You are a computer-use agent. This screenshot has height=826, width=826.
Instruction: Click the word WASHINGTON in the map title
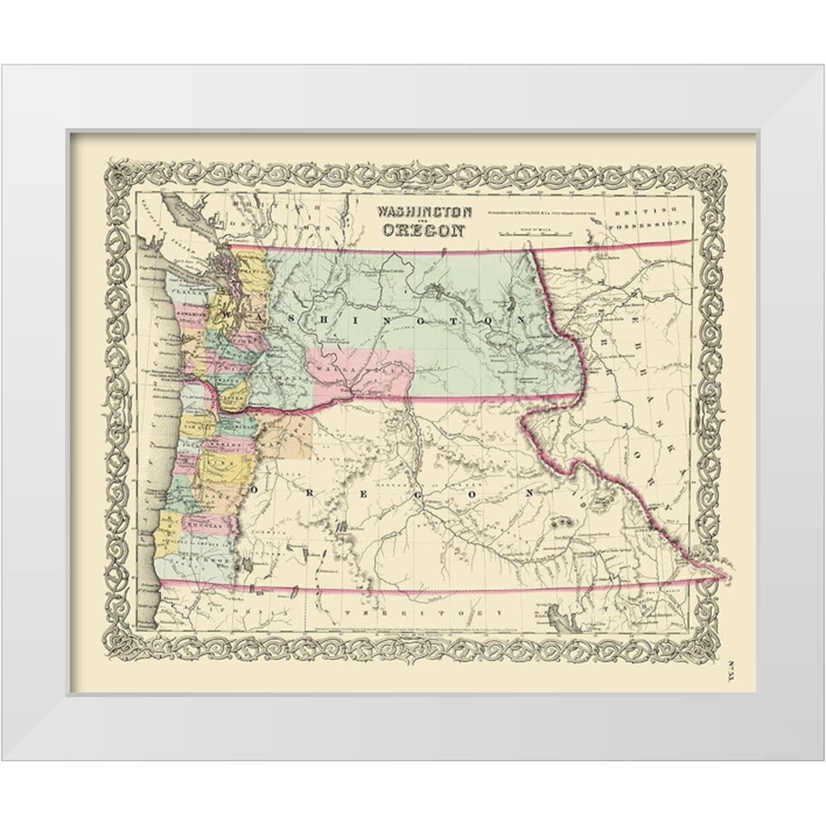click(425, 211)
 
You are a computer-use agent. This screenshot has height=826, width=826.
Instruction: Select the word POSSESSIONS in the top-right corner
click(651, 224)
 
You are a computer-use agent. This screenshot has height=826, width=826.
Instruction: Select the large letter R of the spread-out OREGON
click(306, 489)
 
